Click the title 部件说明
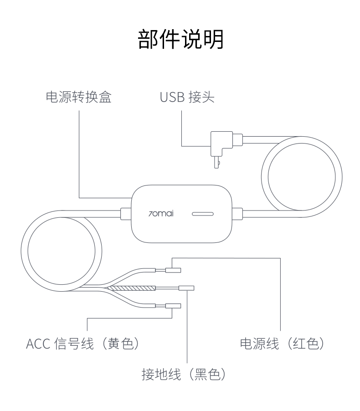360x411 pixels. tap(180, 40)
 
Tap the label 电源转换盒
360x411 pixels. tap(79, 98)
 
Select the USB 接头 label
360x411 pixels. tap(187, 98)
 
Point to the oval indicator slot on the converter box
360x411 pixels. tap(204, 213)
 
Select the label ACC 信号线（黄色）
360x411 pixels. tap(82, 344)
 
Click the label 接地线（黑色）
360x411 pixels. tap(184, 375)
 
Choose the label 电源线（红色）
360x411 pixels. tap(282, 344)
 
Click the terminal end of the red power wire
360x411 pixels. tap(173, 271)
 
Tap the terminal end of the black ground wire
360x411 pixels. tap(187, 288)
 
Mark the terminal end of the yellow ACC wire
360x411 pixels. tap(173, 306)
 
